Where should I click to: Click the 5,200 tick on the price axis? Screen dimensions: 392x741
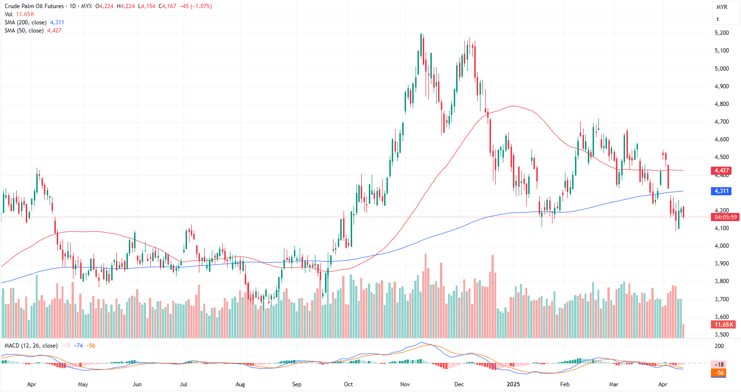(721, 33)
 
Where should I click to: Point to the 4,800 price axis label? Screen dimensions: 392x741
(721, 104)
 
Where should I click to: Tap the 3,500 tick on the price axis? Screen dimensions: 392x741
(721, 335)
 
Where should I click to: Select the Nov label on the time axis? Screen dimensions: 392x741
(405, 384)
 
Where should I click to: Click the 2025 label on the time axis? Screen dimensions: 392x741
(513, 384)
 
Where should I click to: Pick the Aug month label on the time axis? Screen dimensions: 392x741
(240, 384)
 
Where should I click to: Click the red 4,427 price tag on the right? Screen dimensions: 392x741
(721, 170)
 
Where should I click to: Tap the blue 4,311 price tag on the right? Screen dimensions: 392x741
(721, 191)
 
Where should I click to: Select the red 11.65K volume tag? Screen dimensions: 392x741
(724, 325)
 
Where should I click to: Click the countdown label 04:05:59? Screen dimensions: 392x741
(726, 217)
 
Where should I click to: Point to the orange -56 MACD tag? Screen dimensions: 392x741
(720, 373)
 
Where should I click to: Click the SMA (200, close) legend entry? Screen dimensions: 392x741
(26, 22)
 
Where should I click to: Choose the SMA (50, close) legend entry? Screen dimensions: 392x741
(24, 31)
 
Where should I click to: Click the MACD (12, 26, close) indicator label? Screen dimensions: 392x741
(31, 346)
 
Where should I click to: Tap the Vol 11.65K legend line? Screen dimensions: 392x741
(20, 14)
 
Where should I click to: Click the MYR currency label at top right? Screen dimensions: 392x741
(721, 7)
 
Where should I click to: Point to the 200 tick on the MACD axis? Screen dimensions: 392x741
(719, 346)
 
